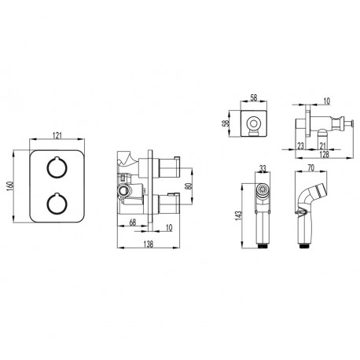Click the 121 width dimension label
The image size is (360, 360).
click(57, 135)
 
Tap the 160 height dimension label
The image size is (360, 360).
click(10, 186)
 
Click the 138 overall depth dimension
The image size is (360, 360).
click(149, 244)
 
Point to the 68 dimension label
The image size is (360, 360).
click(133, 222)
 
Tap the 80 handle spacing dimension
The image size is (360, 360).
click(189, 186)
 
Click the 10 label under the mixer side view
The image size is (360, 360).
click(169, 227)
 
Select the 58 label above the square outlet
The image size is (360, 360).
click(254, 98)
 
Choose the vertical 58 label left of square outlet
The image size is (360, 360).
click(225, 123)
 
